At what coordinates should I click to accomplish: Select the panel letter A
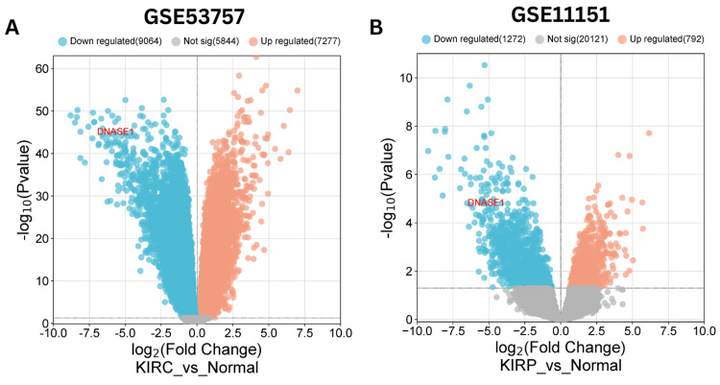tap(12, 27)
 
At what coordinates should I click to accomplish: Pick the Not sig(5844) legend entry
tap(203, 42)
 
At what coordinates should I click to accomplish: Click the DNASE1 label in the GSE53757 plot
tap(115, 131)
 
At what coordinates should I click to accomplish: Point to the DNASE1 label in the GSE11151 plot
tap(485, 203)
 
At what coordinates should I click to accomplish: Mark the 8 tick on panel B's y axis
tap(408, 125)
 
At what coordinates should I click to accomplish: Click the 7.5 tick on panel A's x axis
tap(304, 331)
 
